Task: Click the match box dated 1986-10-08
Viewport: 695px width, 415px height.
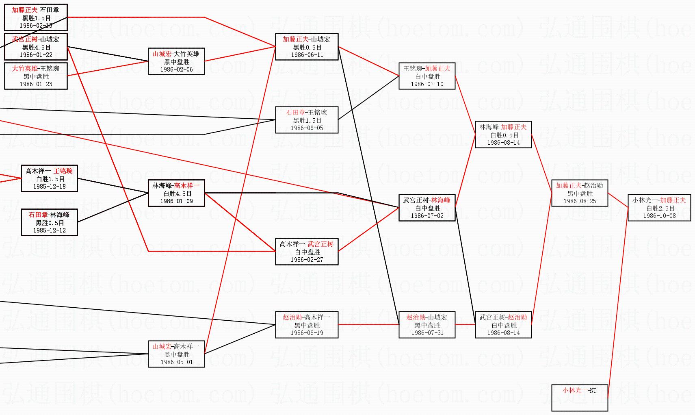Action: coord(659,208)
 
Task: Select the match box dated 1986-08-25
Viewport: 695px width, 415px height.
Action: coord(579,193)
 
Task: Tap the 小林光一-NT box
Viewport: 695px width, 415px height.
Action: coord(579,398)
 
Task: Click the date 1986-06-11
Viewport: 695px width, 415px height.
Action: coord(307,55)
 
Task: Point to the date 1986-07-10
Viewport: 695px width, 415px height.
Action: coord(427,84)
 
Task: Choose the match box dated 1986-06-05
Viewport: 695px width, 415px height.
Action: coord(307,120)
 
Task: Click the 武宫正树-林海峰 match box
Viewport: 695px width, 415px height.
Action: coord(427,208)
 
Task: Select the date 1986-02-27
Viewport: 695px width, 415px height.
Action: coord(307,260)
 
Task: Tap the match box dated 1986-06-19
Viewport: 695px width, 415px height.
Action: coord(307,325)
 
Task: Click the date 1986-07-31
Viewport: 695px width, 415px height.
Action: coord(427,333)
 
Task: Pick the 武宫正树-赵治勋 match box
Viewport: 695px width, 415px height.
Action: coord(503,325)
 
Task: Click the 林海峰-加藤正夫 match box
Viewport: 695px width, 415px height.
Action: coord(503,135)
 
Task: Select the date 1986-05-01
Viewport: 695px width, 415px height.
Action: coord(176,362)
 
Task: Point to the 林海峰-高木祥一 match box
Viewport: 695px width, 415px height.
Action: coord(176,193)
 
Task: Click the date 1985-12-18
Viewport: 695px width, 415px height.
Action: coord(49,187)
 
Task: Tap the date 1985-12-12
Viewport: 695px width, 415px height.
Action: coord(49,230)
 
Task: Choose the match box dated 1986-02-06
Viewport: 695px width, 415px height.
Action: coord(176,61)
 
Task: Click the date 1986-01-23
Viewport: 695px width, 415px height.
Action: coord(36,84)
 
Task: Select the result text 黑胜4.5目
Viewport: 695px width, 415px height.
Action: coord(36,47)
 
